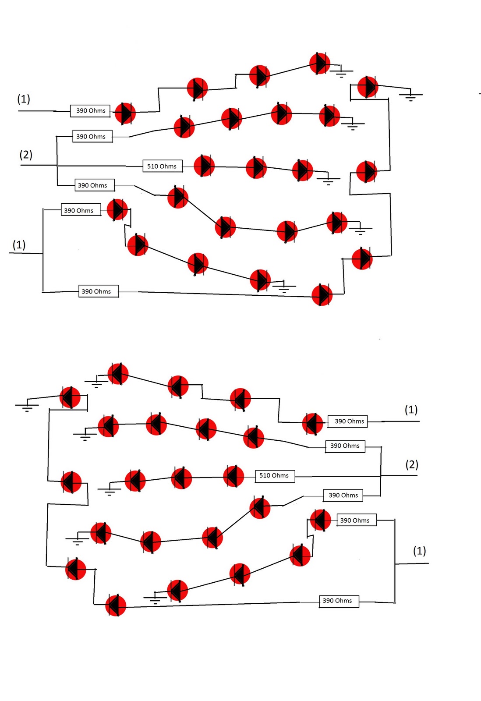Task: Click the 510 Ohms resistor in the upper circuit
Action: [162, 166]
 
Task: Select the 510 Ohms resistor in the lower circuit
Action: [275, 475]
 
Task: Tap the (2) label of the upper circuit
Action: [26, 155]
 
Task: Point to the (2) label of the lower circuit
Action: [412, 464]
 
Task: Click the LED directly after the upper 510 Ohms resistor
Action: [204, 166]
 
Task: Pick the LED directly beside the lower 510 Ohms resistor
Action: [233, 476]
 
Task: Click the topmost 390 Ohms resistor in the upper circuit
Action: [90, 111]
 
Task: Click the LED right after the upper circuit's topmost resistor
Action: [125, 113]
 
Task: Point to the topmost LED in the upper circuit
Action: [320, 64]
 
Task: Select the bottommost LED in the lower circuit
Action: [116, 605]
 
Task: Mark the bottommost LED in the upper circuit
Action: [322, 295]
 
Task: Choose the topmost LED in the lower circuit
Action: [118, 374]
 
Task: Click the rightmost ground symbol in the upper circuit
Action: [410, 96]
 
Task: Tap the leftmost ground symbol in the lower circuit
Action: [27, 407]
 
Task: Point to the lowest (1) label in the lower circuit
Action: [419, 551]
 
